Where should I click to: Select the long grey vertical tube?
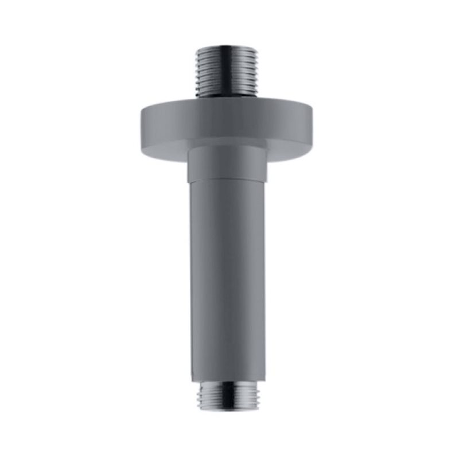[227, 275]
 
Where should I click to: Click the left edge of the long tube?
[191, 275]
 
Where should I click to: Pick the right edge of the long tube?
[264, 275]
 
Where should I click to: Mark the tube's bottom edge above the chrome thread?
[227, 381]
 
